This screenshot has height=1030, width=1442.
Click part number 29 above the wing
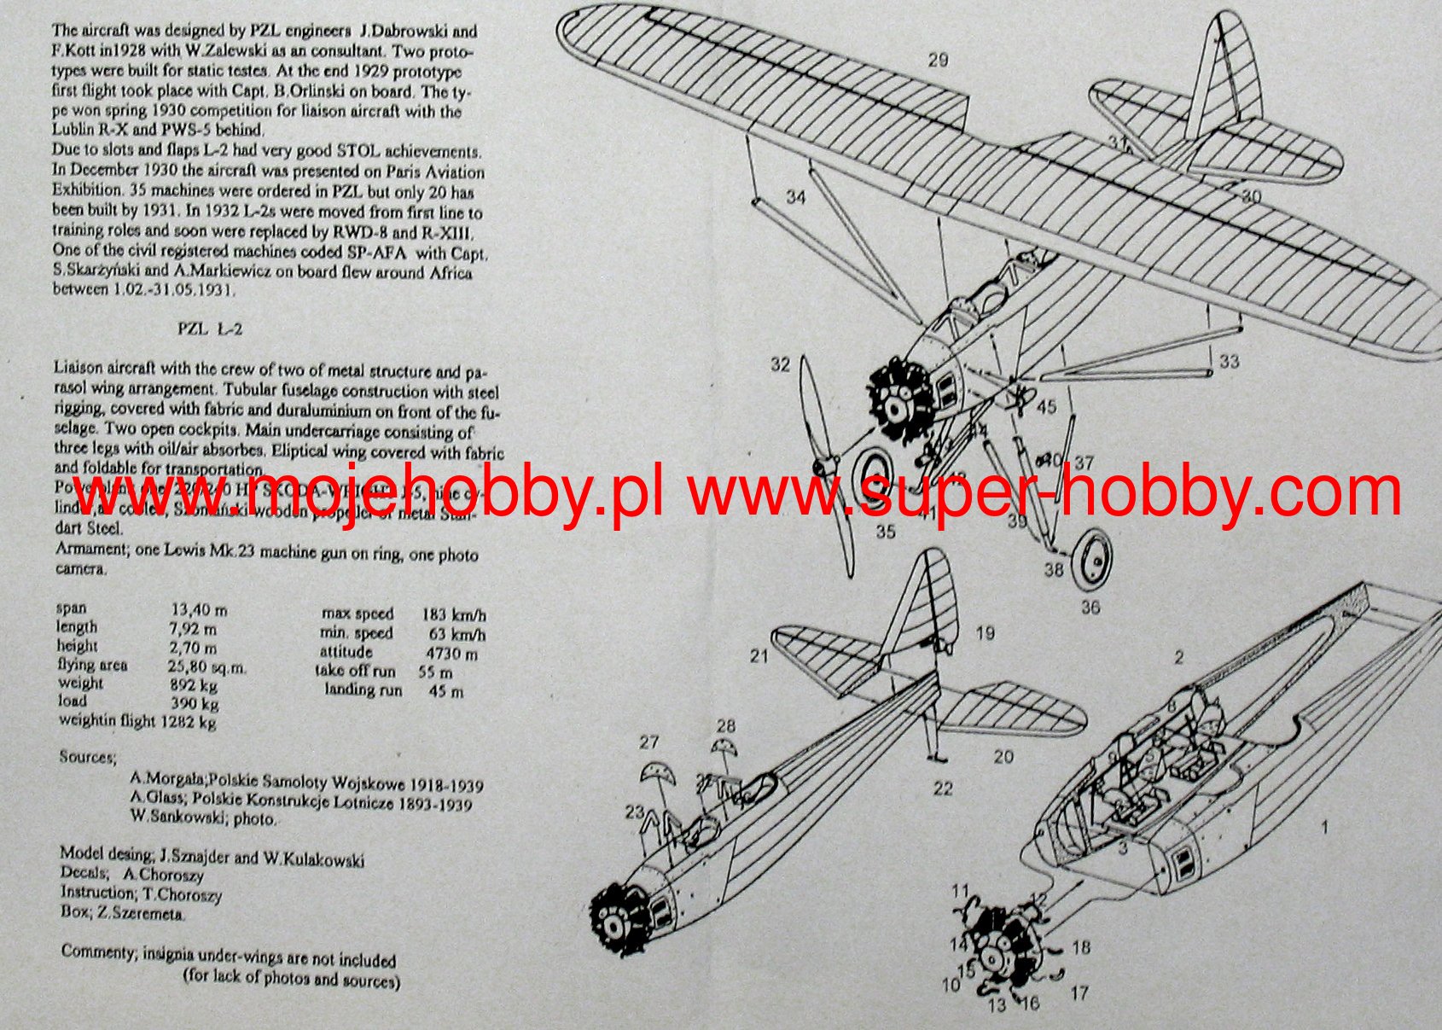coord(938,60)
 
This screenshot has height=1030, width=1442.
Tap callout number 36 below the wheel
coord(1090,608)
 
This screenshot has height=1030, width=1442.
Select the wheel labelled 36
coord(1093,560)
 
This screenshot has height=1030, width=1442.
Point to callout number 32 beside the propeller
coord(780,364)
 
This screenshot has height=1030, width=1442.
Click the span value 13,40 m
coord(199,610)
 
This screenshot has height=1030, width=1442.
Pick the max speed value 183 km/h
coord(453,614)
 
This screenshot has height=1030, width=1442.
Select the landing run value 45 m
coord(445,691)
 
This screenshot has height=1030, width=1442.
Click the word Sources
coord(87,757)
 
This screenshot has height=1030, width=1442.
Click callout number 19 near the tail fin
coord(985,633)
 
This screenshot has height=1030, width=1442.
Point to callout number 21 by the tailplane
coord(759,655)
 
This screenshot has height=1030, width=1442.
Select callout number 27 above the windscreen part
coord(649,742)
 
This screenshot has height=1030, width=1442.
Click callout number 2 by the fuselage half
coord(1179,657)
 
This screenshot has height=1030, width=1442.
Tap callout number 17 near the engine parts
coord(1079,993)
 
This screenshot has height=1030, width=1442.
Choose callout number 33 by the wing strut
coord(1229,361)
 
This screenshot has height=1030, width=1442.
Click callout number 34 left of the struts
coord(795,197)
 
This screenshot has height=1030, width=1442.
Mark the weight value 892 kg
coord(194,685)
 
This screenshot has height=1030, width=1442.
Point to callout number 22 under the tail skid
coord(942,789)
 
